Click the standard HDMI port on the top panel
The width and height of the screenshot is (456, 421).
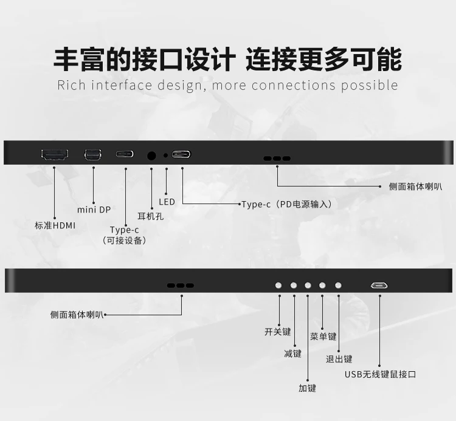[55, 155]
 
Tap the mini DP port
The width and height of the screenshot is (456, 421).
[93, 154]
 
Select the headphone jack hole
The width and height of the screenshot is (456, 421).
[151, 156]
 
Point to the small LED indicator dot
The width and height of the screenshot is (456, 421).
[165, 156]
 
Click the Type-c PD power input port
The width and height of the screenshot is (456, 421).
[181, 154]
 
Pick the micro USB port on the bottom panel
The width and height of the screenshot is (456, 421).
[379, 286]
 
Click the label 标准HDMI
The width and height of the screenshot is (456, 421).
[55, 225]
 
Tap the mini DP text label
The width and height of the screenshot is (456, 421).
[94, 210]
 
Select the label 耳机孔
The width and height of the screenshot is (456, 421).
[150, 216]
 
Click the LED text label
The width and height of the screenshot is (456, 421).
[167, 202]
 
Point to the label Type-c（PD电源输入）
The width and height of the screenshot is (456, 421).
[287, 204]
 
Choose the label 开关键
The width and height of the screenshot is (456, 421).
[278, 332]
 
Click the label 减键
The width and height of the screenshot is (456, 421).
[292, 354]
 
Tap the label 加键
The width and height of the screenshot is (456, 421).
[307, 388]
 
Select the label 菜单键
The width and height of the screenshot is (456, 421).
[323, 337]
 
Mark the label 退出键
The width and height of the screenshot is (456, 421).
[339, 359]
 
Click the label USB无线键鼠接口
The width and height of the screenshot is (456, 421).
[381, 374]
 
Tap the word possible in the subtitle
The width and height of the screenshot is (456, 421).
[369, 86]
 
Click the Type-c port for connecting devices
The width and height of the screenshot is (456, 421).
[125, 154]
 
